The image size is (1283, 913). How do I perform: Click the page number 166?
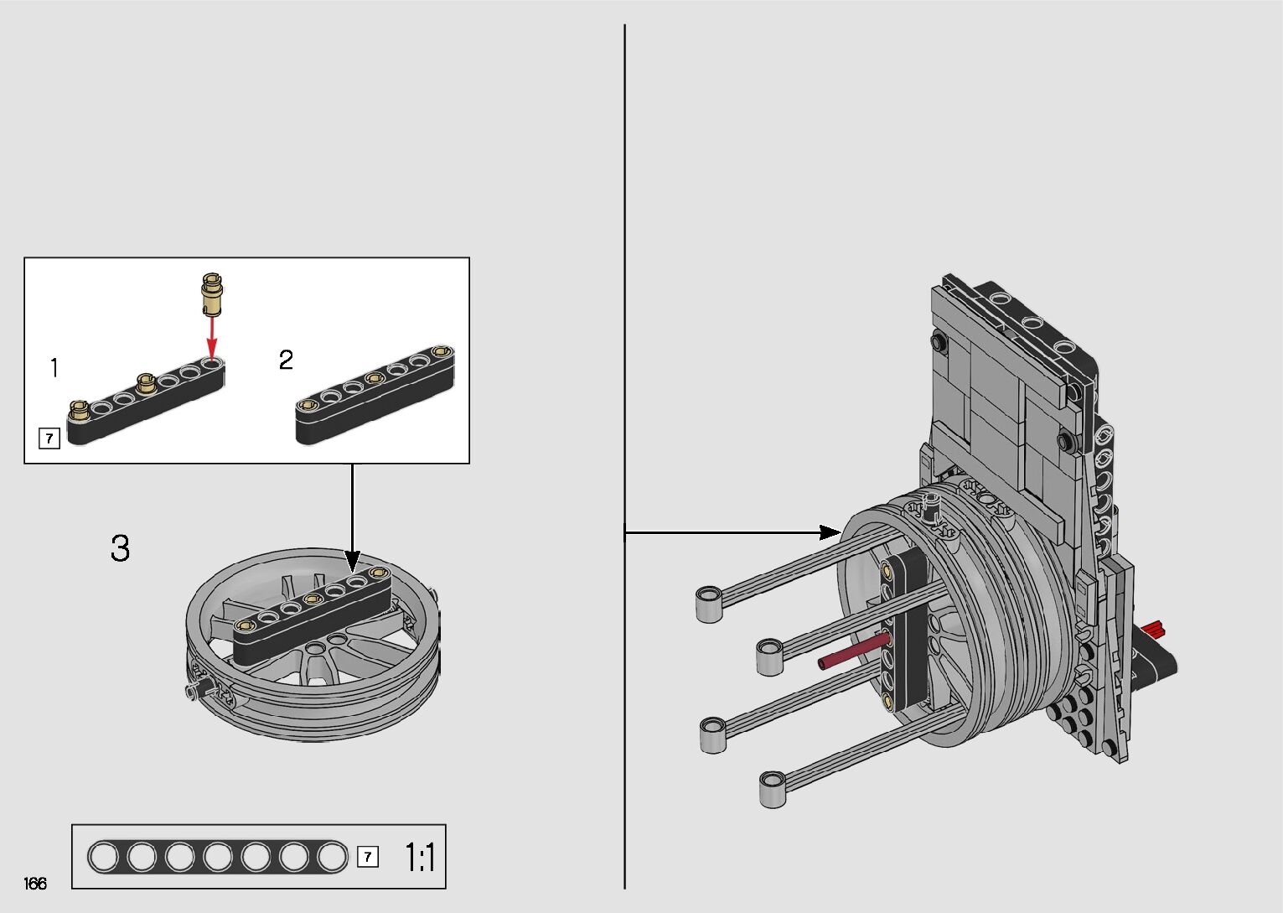point(35,883)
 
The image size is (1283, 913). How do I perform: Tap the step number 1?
point(54,367)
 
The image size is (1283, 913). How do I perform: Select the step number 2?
point(286,360)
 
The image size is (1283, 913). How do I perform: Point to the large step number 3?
point(121,548)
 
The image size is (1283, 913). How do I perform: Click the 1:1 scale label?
point(420,857)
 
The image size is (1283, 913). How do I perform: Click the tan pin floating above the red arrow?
point(212,294)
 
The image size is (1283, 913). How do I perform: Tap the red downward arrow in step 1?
point(212,339)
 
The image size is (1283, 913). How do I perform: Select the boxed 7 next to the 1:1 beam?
point(368,857)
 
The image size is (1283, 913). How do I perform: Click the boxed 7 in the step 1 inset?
point(49,438)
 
